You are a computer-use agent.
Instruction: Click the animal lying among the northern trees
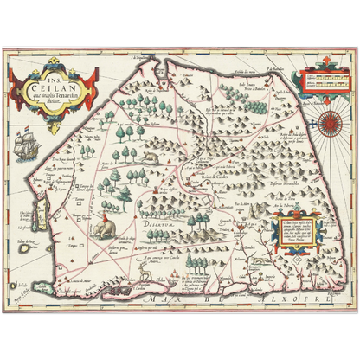pos(152,157)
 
